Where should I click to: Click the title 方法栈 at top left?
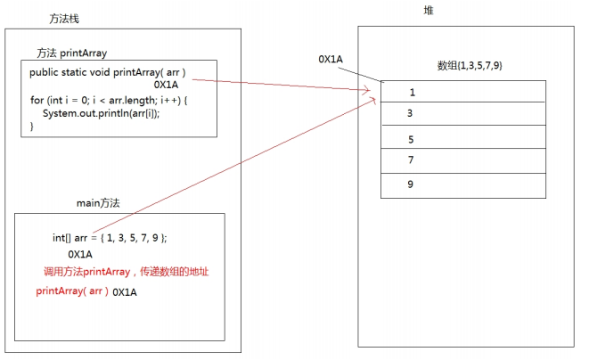64,19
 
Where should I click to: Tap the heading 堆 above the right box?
429,11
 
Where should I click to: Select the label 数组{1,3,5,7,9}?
470,65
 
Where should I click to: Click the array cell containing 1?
463,91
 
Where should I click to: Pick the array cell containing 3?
463,113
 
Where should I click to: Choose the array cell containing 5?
463,137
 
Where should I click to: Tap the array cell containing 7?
463,160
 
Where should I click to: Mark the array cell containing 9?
463,185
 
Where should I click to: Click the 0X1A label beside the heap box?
331,60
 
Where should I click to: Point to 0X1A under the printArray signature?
166,85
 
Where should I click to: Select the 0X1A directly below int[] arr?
80,254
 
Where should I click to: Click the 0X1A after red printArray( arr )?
125,292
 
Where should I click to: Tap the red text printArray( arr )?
72,291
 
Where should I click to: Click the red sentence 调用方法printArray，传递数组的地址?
126,272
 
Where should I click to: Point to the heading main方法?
98,203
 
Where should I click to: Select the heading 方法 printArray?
72,53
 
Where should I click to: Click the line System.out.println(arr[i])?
101,113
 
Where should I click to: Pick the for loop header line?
109,101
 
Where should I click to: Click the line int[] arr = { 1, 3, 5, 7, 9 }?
110,238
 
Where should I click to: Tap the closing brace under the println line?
32,127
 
